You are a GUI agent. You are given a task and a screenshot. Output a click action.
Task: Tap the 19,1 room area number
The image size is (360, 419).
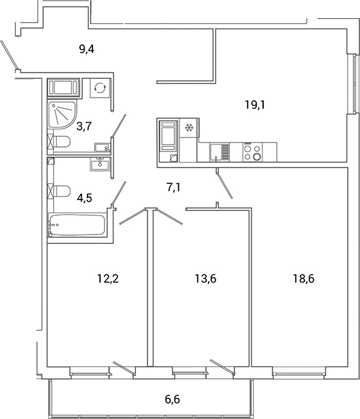(x=255, y=105)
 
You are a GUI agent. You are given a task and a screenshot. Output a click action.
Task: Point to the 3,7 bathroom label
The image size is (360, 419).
(x=85, y=126)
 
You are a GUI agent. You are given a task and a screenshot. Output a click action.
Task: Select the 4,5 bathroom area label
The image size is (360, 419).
(x=85, y=199)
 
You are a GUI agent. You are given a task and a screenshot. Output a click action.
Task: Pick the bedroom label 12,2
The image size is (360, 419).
(x=108, y=279)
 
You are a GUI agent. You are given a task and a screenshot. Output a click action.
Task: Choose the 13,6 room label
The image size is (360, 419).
(x=205, y=279)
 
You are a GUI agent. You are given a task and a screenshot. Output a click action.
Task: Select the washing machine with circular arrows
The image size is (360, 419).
(x=99, y=88)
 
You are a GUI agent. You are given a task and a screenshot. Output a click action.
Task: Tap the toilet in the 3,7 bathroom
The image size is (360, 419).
(x=59, y=144)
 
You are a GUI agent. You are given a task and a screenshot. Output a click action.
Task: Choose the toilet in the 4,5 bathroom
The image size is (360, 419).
(x=59, y=190)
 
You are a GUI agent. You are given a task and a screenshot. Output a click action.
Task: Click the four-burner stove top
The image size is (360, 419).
(x=252, y=152)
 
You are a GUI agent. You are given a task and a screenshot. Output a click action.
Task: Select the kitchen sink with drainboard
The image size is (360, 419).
(x=219, y=152)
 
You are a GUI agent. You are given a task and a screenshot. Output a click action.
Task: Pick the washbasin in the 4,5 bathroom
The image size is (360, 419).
(x=100, y=164)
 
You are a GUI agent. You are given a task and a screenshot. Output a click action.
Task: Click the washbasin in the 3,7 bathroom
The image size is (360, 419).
(x=101, y=148)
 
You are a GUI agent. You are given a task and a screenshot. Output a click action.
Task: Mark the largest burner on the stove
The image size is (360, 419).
(x=256, y=157)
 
